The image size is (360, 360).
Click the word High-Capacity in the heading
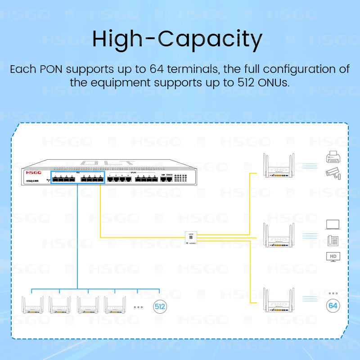(x=177, y=40)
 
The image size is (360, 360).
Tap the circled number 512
(x=160, y=307)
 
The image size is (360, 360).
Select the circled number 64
(x=333, y=306)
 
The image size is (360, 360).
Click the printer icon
(x=333, y=158)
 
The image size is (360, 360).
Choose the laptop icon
(x=333, y=225)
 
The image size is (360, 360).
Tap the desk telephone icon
(x=333, y=241)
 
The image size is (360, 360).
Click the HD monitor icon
(x=333, y=257)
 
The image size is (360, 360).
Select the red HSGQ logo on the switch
(x=34, y=172)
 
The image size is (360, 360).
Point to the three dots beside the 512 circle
(x=139, y=307)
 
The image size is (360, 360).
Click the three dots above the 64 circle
(x=333, y=293)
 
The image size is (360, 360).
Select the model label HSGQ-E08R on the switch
(x=33, y=180)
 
